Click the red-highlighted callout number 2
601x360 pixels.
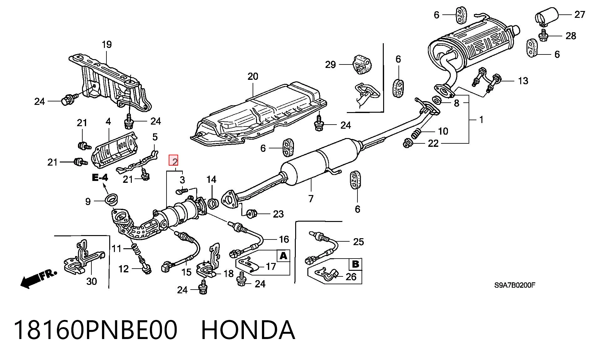174,161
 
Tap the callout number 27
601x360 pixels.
579,14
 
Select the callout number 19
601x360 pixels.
107,44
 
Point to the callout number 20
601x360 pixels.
253,76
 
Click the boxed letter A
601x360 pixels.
283,256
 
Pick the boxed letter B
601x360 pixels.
356,264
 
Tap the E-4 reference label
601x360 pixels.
100,178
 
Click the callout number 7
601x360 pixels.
311,198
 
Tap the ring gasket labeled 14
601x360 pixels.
213,203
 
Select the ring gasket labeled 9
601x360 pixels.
111,199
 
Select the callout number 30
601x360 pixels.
92,281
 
